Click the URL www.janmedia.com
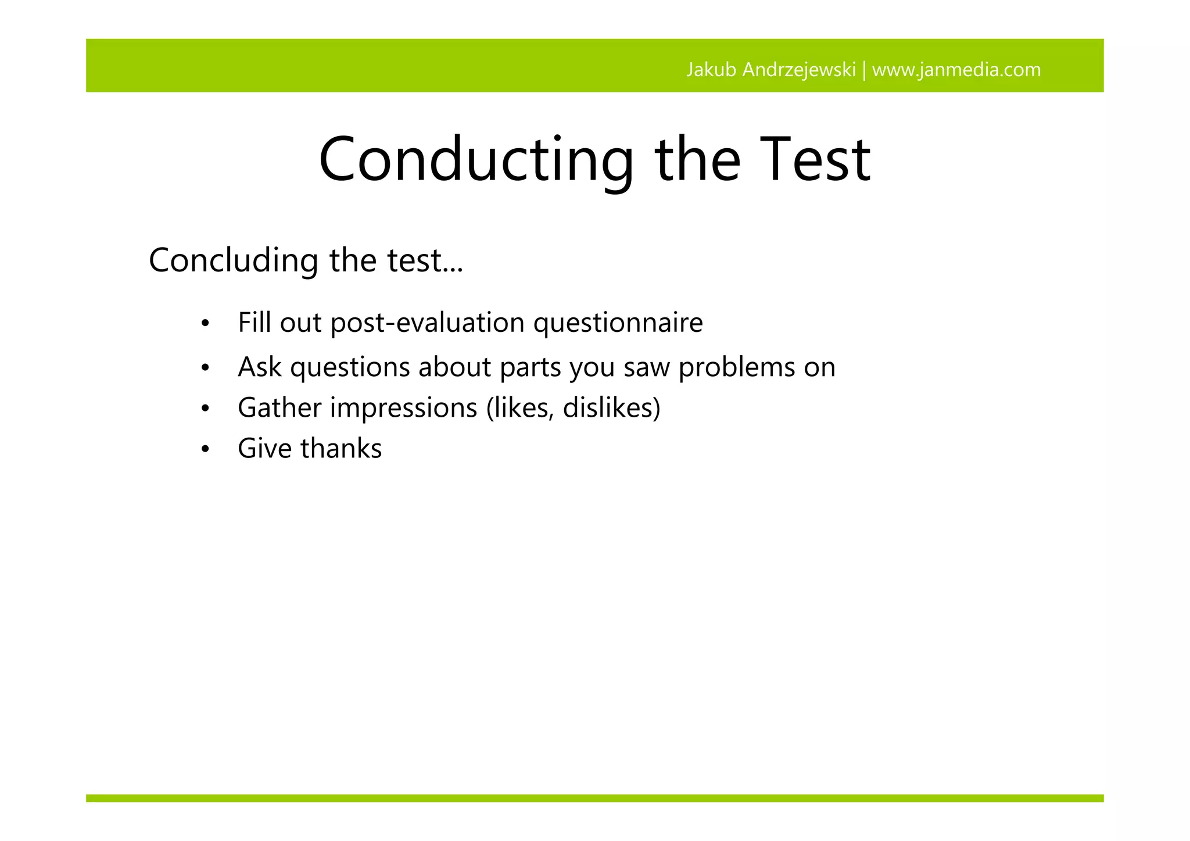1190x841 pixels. (x=956, y=70)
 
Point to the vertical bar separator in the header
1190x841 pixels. (x=864, y=70)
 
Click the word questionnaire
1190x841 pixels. (x=618, y=323)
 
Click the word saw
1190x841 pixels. (x=646, y=368)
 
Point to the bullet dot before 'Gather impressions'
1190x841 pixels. (x=205, y=409)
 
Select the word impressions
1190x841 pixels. (x=404, y=408)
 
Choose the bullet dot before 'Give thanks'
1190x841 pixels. (x=205, y=450)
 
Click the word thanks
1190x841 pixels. (x=341, y=449)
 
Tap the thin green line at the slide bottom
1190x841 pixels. (x=594, y=798)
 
